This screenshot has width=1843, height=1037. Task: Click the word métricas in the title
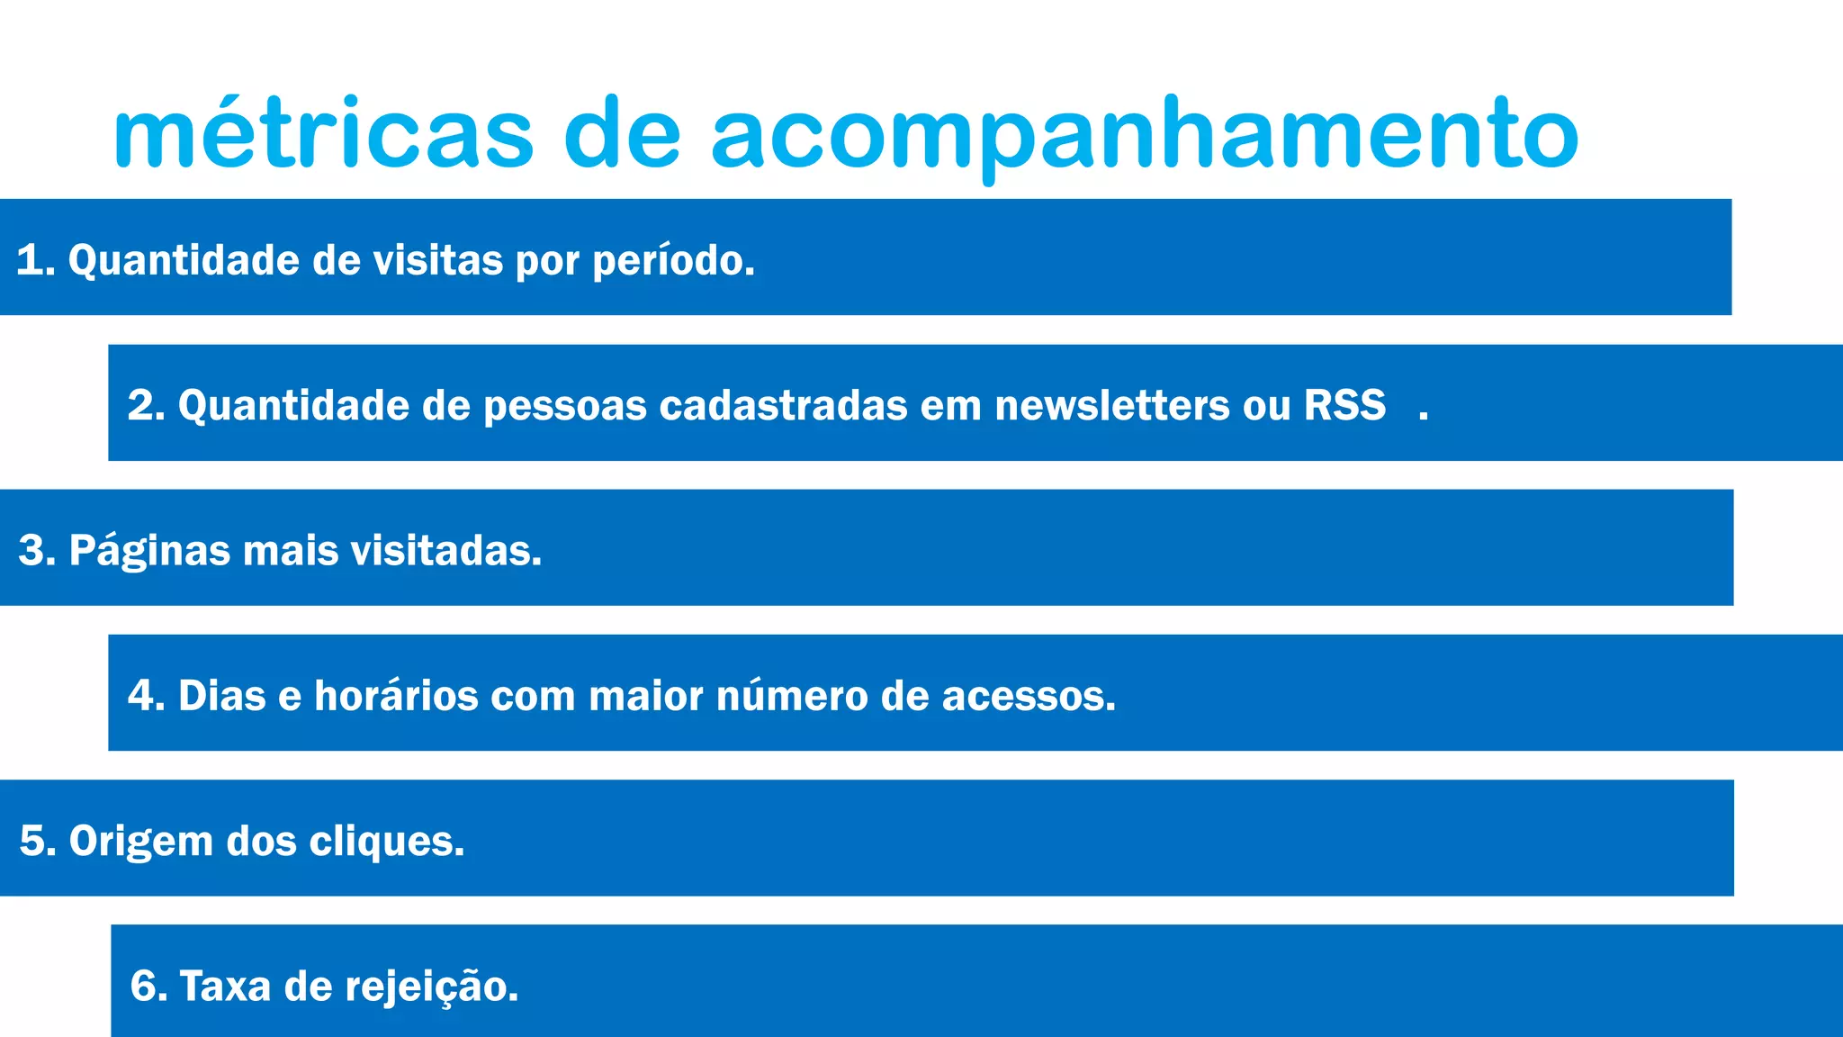324,135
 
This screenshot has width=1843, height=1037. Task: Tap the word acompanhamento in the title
1144,135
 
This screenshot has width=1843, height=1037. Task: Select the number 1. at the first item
36,260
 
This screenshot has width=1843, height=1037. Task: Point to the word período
673,260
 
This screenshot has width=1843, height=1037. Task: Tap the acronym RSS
1344,405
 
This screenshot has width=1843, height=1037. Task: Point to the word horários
395,696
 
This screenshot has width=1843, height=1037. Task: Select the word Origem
141,841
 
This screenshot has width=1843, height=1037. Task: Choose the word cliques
387,841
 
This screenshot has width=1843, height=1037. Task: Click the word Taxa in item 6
225,986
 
